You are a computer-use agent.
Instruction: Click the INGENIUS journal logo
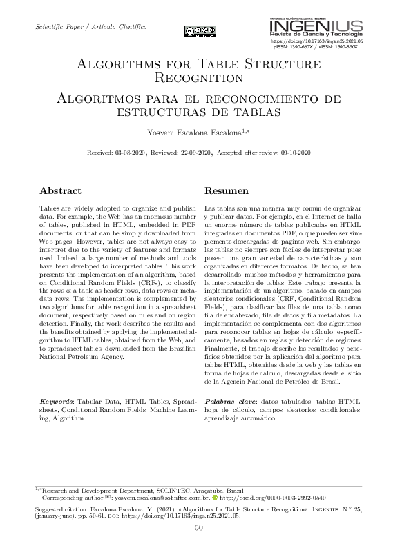pyautogui.click(x=316, y=27)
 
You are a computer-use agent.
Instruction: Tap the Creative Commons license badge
pyautogui.click(x=199, y=31)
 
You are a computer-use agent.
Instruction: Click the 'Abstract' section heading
pyautogui.click(x=60, y=190)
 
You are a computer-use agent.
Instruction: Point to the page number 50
pyautogui.click(x=199, y=528)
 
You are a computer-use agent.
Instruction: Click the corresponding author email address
pyautogui.click(x=160, y=496)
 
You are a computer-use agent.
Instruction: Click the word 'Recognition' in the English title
pyautogui.click(x=199, y=79)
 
